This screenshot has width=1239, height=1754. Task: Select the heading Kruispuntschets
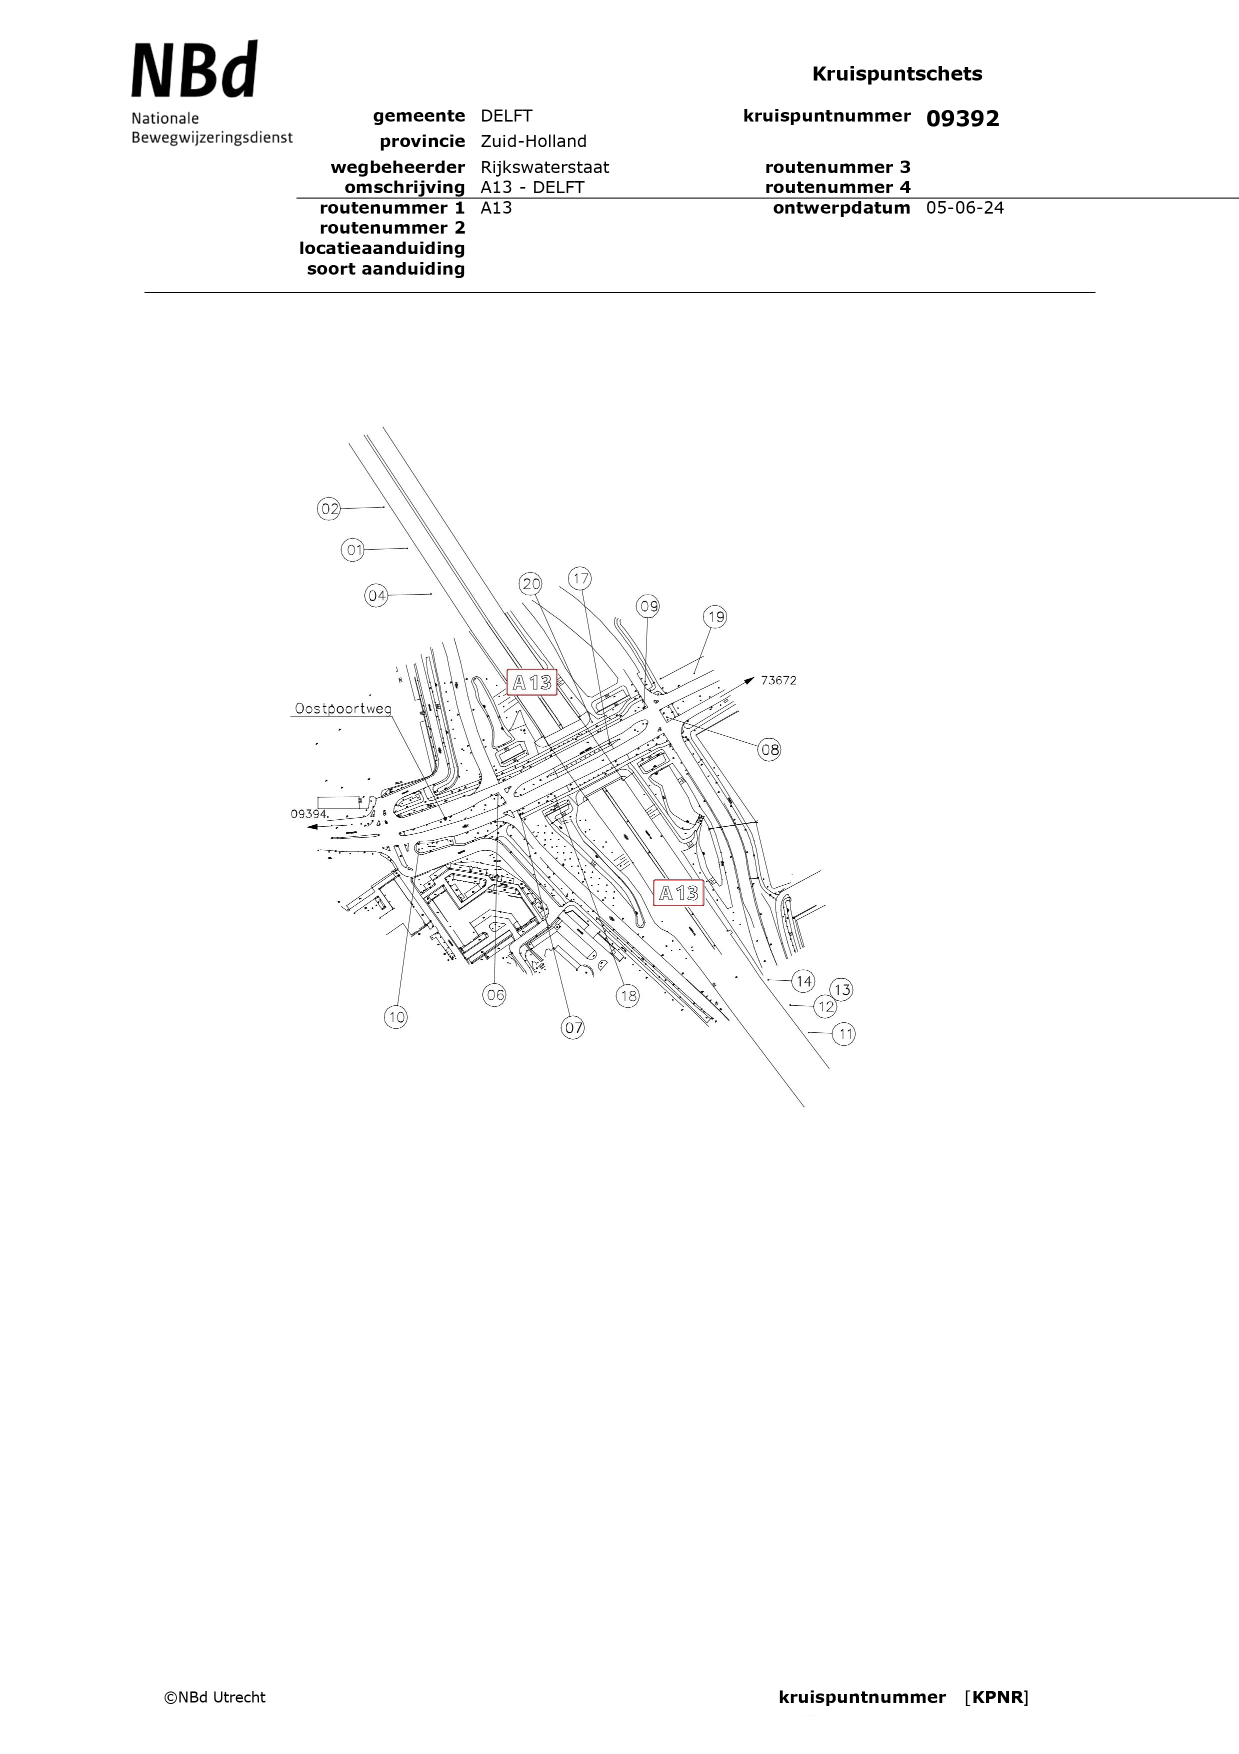tap(897, 74)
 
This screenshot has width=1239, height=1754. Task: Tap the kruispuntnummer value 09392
tap(962, 119)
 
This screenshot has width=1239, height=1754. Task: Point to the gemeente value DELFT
tap(506, 116)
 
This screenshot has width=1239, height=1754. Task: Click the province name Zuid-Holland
tap(533, 142)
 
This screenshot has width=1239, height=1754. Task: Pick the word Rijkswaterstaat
tap(544, 168)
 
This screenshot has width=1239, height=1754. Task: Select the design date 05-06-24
tap(965, 208)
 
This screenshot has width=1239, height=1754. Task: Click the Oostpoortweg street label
tap(343, 709)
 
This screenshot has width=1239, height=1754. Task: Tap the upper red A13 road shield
tap(531, 682)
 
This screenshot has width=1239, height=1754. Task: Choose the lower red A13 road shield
tap(678, 892)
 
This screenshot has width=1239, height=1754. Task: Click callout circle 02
tap(329, 509)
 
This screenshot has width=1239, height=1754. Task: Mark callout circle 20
tap(531, 584)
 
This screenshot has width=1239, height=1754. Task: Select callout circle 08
tap(769, 749)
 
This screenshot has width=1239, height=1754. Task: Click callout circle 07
tap(573, 1027)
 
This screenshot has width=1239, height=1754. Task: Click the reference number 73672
tap(778, 680)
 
